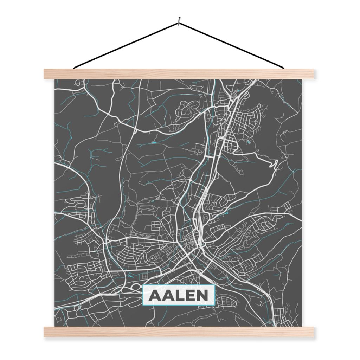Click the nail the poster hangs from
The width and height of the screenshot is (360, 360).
point(179,20)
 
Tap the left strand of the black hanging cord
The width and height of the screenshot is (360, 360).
point(127,45)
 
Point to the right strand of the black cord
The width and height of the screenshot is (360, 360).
point(232,45)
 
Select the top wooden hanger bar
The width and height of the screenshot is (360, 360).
point(179,74)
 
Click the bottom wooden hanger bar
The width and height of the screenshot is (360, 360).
point(179,332)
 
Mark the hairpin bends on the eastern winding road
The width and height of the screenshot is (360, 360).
point(274,164)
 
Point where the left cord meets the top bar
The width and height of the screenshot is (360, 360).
point(75,67)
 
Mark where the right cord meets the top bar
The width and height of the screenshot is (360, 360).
point(283,67)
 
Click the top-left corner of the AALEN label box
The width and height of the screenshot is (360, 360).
point(143,285)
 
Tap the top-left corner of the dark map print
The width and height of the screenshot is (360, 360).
point(55,79)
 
